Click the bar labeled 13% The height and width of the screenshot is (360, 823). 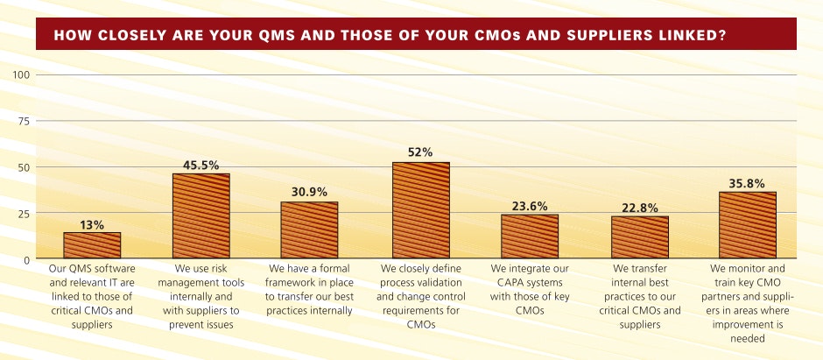coord(92,246)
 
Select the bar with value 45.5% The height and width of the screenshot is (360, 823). coord(201,216)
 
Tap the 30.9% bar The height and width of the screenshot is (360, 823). coord(309,230)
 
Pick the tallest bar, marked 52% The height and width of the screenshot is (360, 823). coord(420,211)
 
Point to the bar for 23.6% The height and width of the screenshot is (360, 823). coord(530,237)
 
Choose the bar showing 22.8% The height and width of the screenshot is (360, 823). coord(640,238)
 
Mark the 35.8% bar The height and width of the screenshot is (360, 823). coord(748,226)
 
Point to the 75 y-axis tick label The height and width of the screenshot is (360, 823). coord(25,121)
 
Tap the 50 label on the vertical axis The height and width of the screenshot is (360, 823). coord(25,167)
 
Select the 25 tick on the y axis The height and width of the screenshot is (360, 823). coord(25,214)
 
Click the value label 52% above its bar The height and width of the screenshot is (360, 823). coord(420,152)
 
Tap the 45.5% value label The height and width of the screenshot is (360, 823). coord(201,164)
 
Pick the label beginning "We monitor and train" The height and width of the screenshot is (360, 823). coord(748,302)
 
